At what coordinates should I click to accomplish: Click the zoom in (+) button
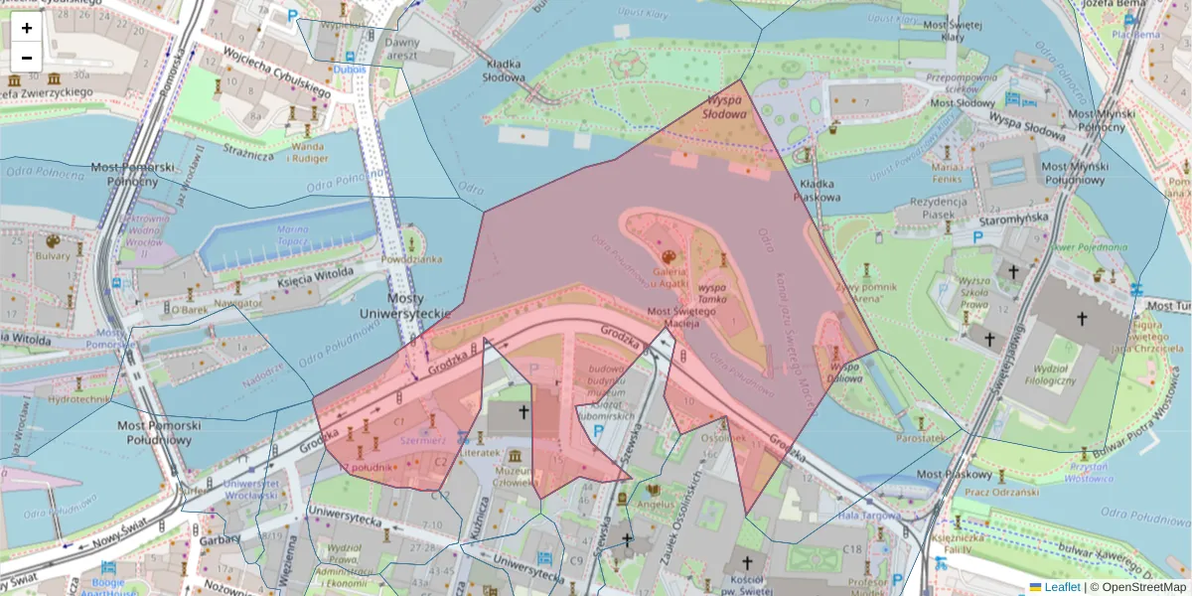pyautogui.click(x=27, y=28)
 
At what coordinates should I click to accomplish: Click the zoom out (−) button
pyautogui.click(x=27, y=58)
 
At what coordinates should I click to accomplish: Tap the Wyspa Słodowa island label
pyautogui.click(x=724, y=107)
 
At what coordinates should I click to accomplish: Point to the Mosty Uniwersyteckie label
pyautogui.click(x=418, y=306)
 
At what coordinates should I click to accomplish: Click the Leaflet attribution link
pyautogui.click(x=1061, y=587)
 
